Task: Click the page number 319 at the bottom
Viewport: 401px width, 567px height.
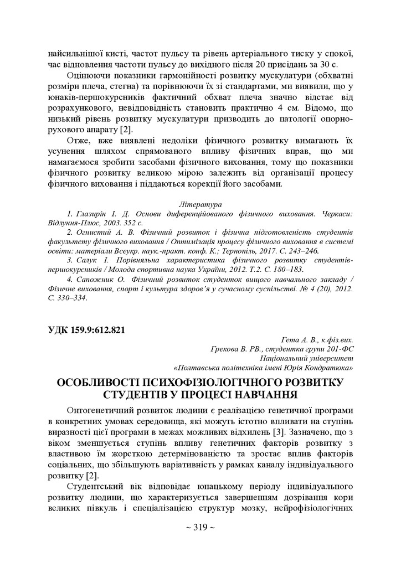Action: pyautogui.click(x=200, y=527)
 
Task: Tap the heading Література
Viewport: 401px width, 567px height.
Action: pyautogui.click(x=200, y=204)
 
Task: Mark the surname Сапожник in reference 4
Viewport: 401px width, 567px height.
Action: pyautogui.click(x=95, y=279)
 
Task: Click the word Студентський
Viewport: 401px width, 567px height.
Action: pyautogui.click(x=94, y=486)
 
